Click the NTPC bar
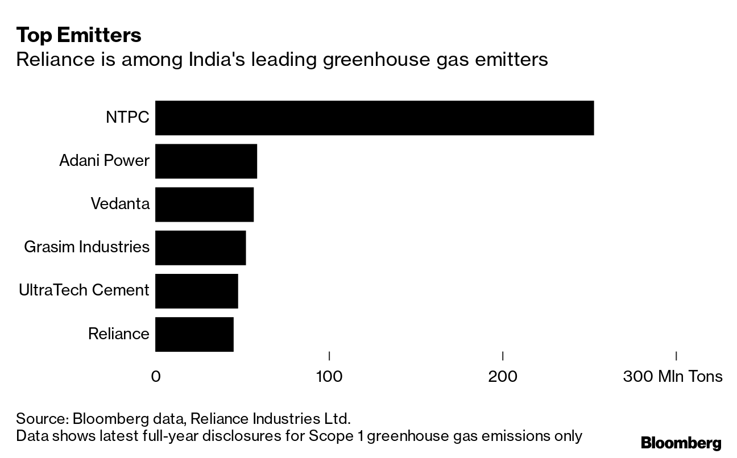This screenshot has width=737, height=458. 374,118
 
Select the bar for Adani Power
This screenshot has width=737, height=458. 206,161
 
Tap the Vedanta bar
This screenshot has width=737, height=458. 204,205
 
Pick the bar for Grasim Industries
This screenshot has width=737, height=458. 200,248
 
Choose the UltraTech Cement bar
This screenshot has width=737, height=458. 196,291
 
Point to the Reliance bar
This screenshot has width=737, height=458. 194,334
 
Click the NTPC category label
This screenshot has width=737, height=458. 127,118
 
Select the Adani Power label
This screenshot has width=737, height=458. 104,161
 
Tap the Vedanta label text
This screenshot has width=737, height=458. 120,205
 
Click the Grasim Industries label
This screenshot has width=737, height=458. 87,248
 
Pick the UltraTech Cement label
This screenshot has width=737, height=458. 84,291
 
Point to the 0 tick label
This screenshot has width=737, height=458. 155,377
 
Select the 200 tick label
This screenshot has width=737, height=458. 503,377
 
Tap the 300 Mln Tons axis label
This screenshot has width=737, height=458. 673,377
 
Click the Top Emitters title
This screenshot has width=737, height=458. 78,35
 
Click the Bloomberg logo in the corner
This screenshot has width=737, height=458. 681,443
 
